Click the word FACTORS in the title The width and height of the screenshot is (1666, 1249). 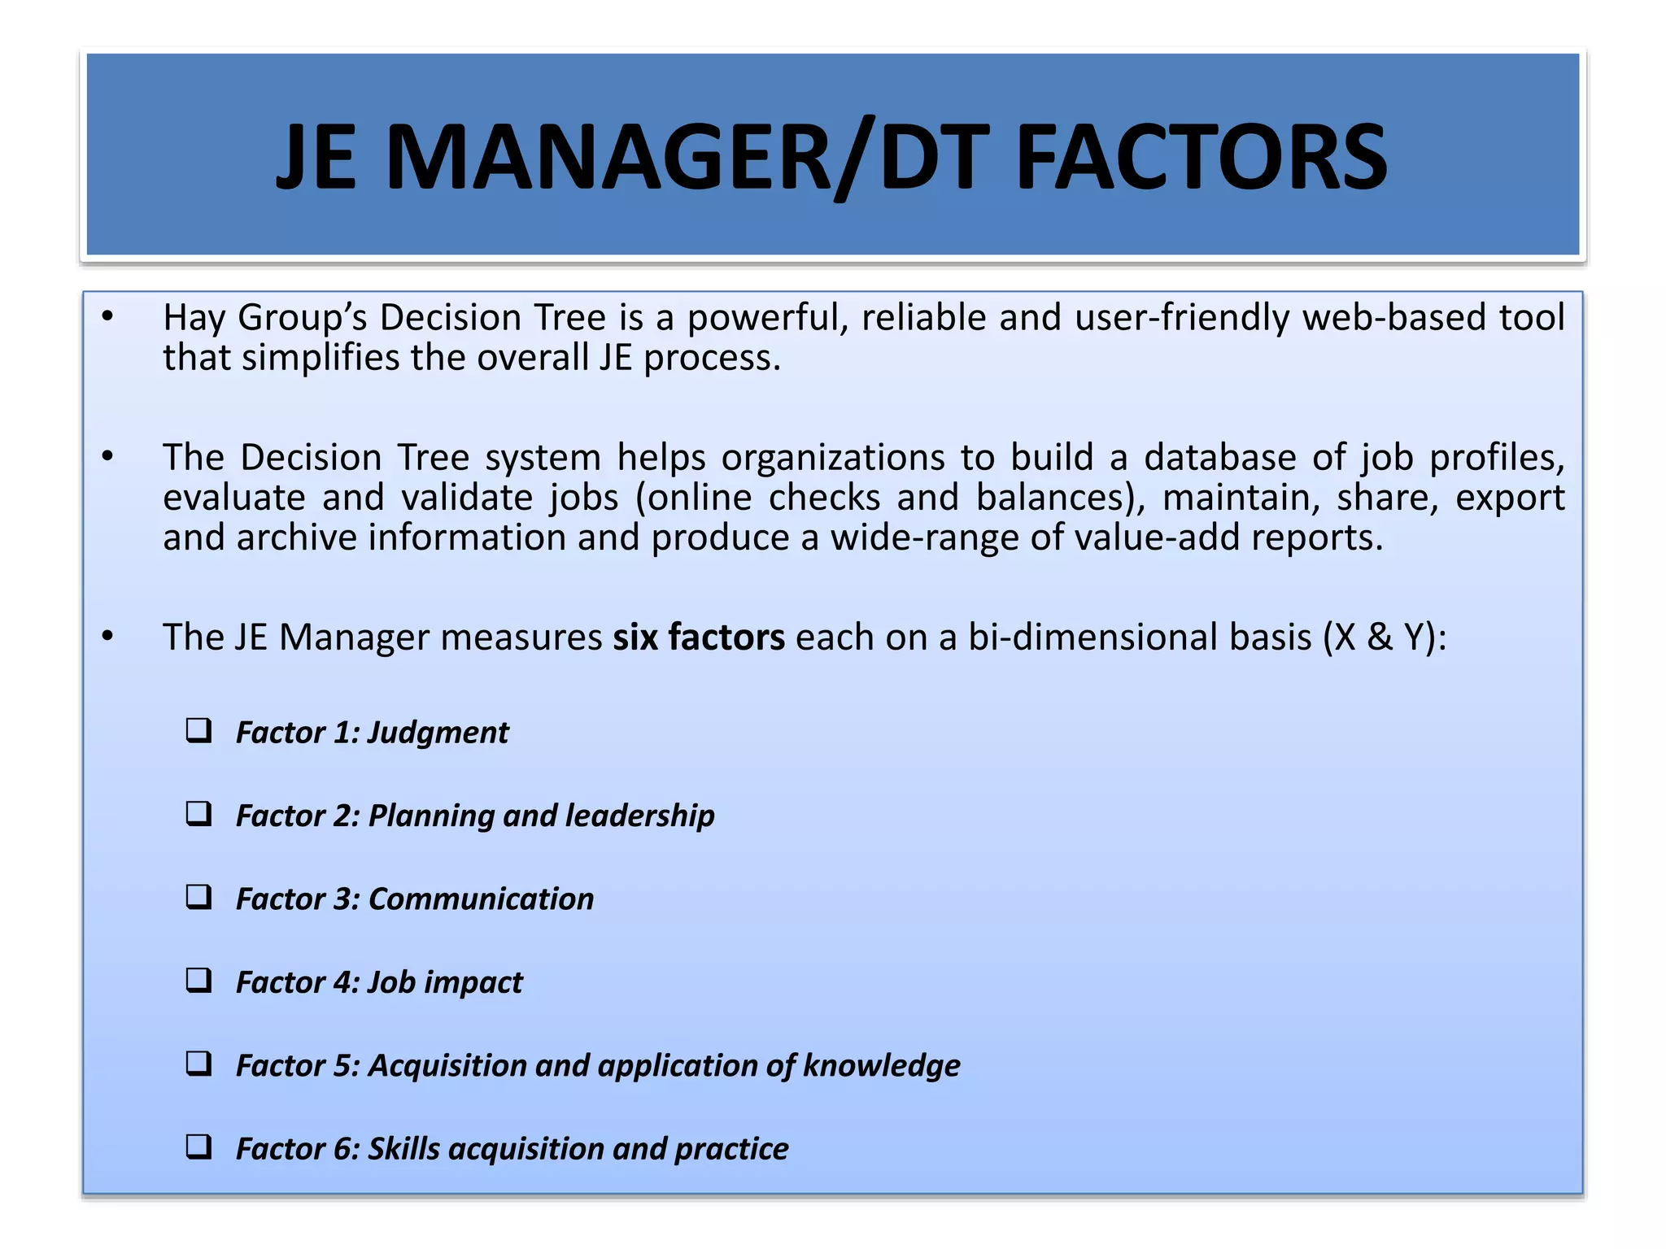tap(1202, 157)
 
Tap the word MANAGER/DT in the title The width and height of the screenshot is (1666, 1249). tap(687, 157)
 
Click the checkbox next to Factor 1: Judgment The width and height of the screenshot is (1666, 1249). tap(198, 730)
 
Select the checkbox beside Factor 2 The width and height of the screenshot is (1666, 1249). tap(198, 813)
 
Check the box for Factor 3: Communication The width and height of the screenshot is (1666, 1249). tap(198, 897)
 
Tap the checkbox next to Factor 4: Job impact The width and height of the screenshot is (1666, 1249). tap(198, 980)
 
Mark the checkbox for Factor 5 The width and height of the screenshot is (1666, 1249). tap(198, 1064)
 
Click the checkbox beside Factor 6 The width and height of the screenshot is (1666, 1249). tap(198, 1147)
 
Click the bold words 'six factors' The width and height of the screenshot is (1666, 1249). tap(699, 637)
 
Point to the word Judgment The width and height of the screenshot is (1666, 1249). tap(438, 733)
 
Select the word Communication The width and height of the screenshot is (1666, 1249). tap(481, 899)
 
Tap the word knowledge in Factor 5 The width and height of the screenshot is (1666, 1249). tap(881, 1066)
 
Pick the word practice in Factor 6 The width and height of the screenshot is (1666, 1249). tap(731, 1149)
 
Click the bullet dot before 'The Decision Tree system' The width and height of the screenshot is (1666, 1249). tap(107, 458)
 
